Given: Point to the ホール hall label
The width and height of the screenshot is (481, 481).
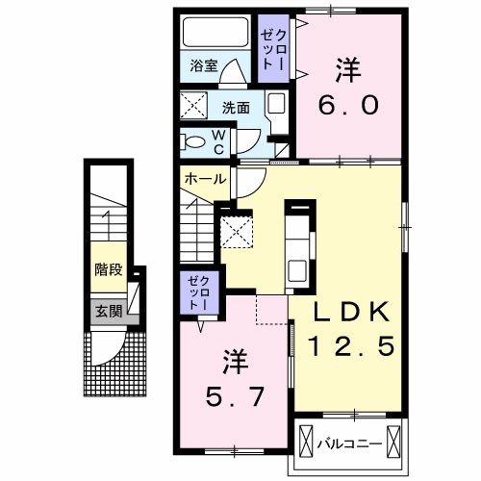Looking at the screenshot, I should [205, 179].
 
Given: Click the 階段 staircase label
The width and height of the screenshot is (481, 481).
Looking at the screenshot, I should [108, 269].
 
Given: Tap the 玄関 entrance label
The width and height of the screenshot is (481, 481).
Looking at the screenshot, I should [108, 310].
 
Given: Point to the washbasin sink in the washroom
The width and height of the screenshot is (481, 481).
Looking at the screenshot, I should [275, 107].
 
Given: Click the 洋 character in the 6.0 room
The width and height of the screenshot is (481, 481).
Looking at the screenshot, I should [346, 69].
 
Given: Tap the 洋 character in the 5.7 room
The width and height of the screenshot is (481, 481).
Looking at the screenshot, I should [237, 363].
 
